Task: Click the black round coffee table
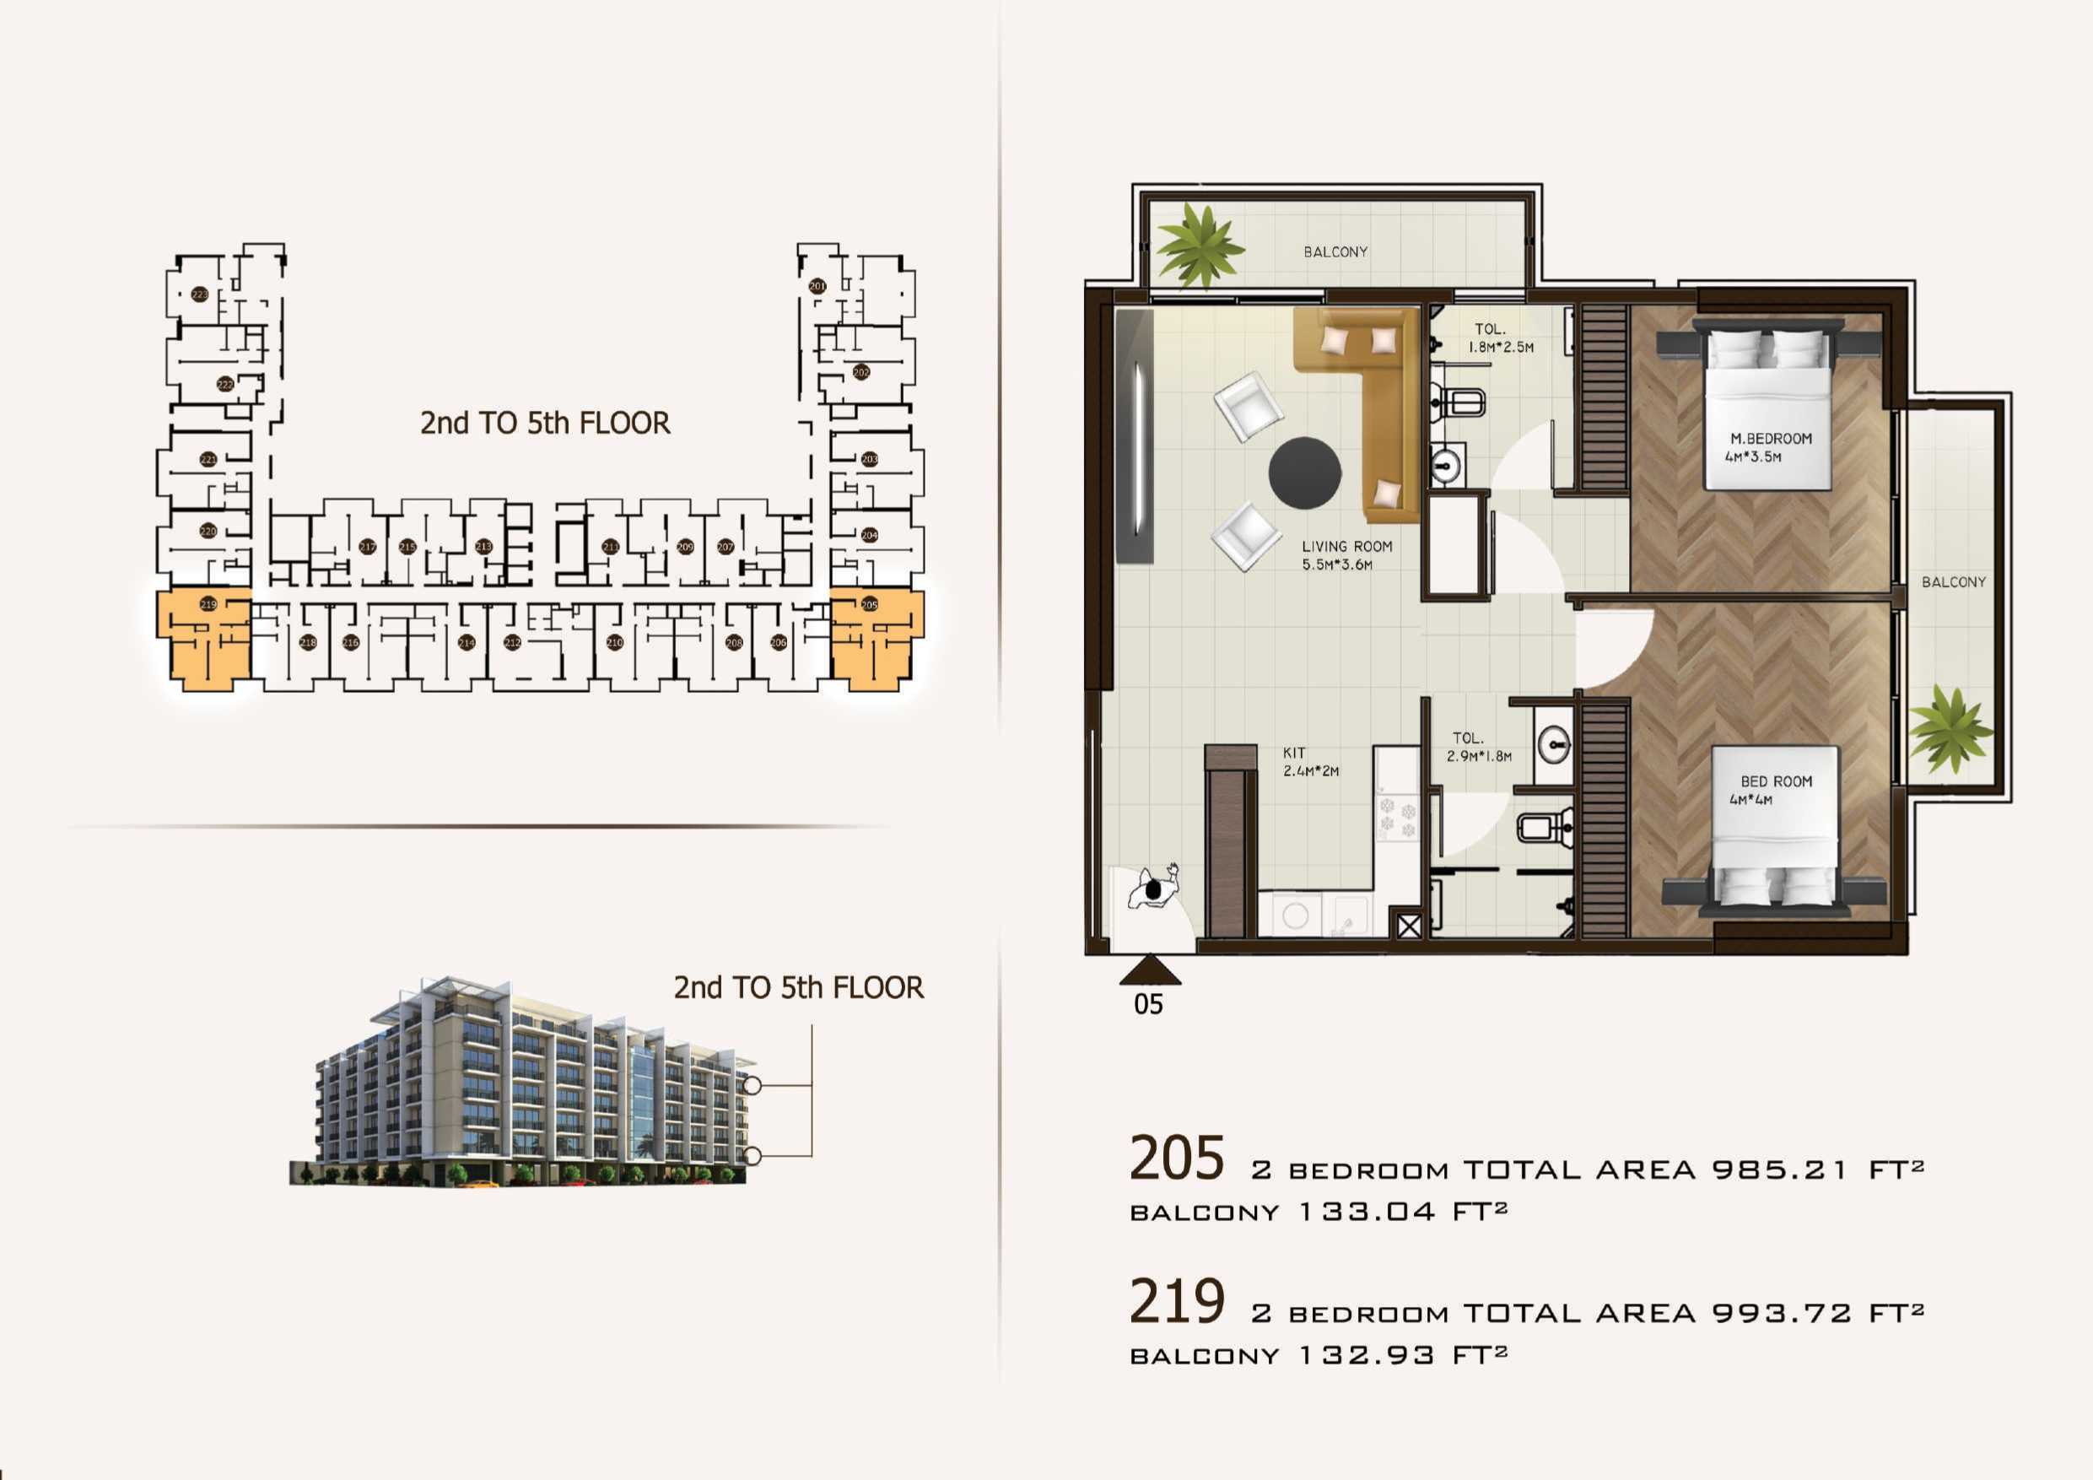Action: click(x=1304, y=473)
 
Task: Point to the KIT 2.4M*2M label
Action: click(x=1310, y=761)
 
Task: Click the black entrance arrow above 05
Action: click(x=1150, y=970)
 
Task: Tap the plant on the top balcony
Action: click(x=1200, y=246)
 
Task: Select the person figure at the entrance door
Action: click(x=1154, y=889)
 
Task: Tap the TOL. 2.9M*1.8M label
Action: click(x=1478, y=746)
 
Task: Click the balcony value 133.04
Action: click(x=1367, y=1212)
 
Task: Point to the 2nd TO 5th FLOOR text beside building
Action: click(x=798, y=987)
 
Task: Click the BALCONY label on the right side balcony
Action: click(x=1953, y=581)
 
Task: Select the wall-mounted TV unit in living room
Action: click(x=1135, y=435)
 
